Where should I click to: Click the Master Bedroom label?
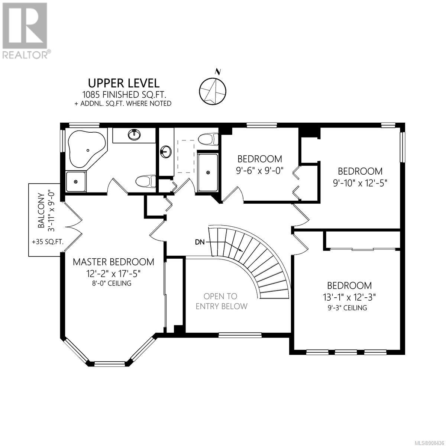pos(113,262)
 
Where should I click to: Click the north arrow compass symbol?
pos(213,89)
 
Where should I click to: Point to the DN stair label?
pos(200,242)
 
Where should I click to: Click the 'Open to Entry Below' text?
pos(221,301)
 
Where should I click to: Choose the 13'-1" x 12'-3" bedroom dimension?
pos(349,297)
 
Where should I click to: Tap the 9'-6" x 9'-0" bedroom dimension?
pos(260,171)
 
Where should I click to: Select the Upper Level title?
pos(124,83)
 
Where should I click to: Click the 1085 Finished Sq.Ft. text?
pos(125,94)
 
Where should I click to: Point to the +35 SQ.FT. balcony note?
pos(48,242)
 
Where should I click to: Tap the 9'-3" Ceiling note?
pos(348,308)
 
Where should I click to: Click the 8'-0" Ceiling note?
pos(112,283)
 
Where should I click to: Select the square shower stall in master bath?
pos(76,182)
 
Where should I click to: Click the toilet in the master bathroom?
pos(146,181)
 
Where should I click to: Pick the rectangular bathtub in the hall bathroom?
pos(208,172)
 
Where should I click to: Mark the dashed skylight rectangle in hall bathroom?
pos(186,156)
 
